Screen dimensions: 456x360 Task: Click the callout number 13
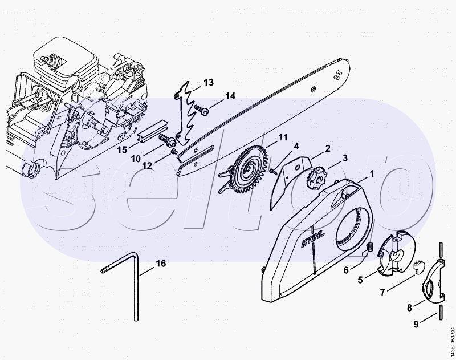(208, 82)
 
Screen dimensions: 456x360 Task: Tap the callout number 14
(230, 96)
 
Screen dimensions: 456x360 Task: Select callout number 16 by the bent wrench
(161, 263)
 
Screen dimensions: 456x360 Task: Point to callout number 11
(283, 137)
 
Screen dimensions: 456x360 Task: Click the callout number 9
(416, 324)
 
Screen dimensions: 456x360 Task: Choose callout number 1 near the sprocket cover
(372, 172)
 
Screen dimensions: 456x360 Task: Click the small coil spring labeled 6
(368, 247)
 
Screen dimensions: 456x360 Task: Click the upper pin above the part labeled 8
(441, 248)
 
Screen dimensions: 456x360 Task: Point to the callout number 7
(382, 292)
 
